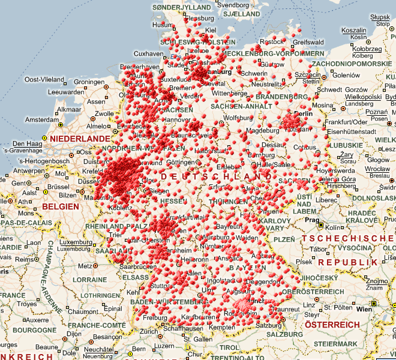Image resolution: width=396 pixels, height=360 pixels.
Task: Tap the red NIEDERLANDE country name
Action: click(x=80, y=139)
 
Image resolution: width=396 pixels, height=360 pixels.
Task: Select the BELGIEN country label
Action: click(x=61, y=206)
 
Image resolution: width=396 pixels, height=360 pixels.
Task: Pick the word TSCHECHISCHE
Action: click(x=347, y=238)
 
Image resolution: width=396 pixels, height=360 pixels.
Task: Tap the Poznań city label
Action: click(x=376, y=112)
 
